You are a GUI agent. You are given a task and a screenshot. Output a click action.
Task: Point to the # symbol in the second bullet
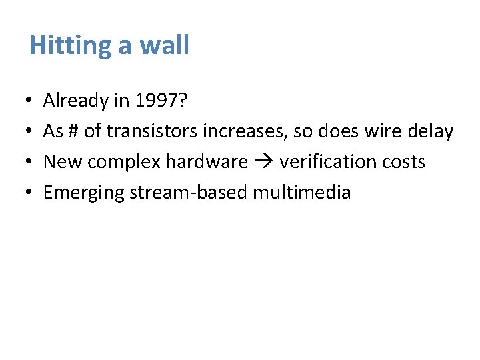pos(73,131)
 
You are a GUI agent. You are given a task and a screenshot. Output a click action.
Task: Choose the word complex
pos(126,162)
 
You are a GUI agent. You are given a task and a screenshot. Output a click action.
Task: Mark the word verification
pos(326,162)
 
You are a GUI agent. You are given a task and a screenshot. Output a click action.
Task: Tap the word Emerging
pos(84,193)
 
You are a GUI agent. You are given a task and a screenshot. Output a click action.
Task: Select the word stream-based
pos(189,193)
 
